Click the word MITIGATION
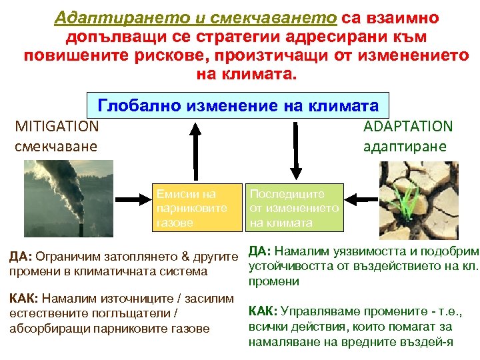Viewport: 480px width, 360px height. click(57, 125)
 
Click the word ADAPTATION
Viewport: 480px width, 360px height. click(407, 125)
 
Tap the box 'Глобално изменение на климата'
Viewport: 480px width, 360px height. click(238, 106)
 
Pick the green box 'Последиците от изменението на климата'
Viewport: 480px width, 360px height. click(295, 208)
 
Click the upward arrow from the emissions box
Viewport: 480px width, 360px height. click(194, 151)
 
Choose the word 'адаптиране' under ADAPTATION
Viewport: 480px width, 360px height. click(407, 145)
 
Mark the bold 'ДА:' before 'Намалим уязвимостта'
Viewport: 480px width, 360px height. click(259, 251)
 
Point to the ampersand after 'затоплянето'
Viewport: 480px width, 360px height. click(187, 256)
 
